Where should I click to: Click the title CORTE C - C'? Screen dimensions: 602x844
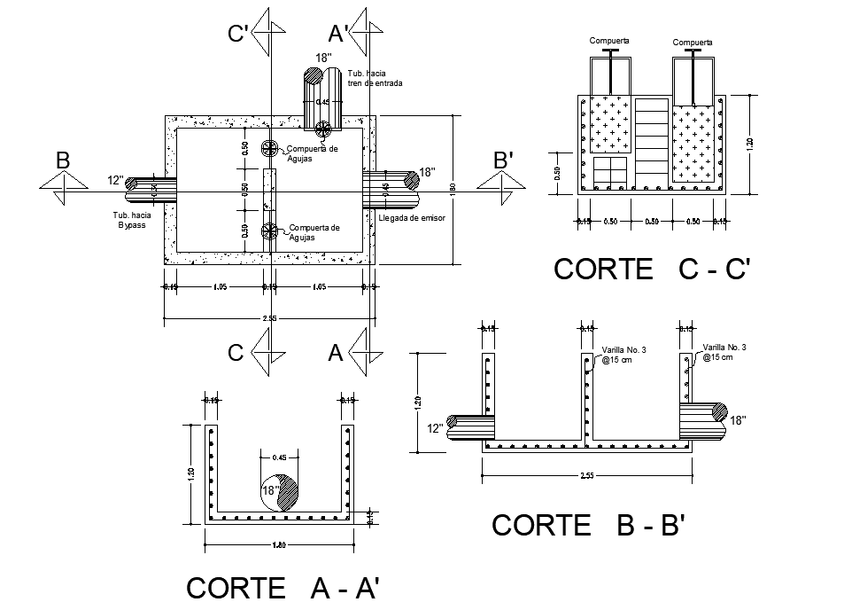tap(652, 269)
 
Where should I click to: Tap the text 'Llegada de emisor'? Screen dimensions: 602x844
tap(412, 217)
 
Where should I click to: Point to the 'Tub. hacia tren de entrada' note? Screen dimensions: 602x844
tap(375, 78)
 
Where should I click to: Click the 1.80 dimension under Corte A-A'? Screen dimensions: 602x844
tap(279, 542)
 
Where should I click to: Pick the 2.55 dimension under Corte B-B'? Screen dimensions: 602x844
tap(587, 476)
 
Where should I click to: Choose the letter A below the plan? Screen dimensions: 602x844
tap(336, 353)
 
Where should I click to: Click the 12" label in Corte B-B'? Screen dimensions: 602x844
tap(435, 428)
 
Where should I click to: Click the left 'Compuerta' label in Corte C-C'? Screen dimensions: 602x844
tap(609, 41)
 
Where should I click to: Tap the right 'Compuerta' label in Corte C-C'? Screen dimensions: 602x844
tap(693, 43)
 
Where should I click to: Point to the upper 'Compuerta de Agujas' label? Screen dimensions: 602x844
tap(314, 152)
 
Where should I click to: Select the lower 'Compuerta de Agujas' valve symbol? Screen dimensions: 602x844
tap(270, 231)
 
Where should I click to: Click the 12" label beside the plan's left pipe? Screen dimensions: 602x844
tap(115, 180)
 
